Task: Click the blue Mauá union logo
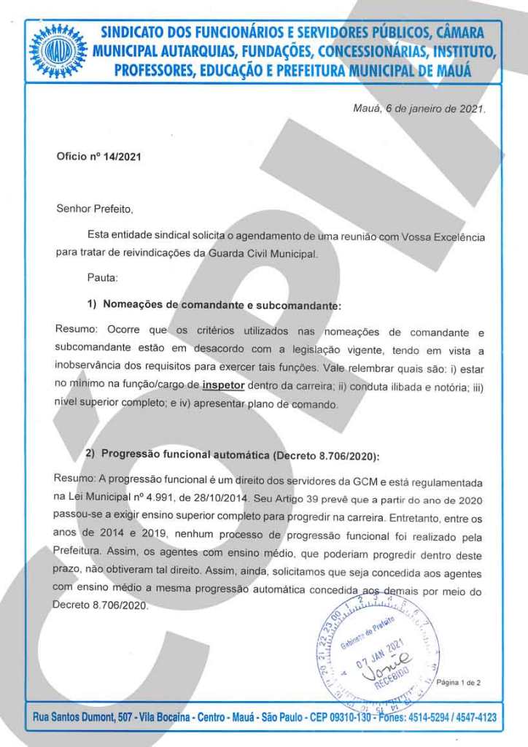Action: (x=58, y=51)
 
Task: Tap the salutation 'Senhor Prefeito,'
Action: (x=96, y=209)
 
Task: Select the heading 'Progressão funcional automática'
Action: (x=186, y=454)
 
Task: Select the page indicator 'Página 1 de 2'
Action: (x=459, y=683)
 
